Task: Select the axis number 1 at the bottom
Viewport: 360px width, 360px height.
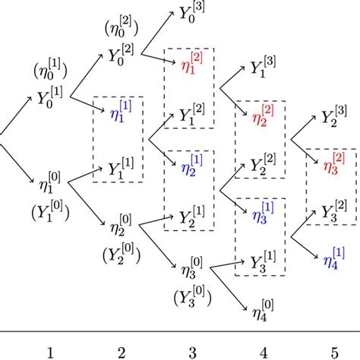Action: coord(50,352)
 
